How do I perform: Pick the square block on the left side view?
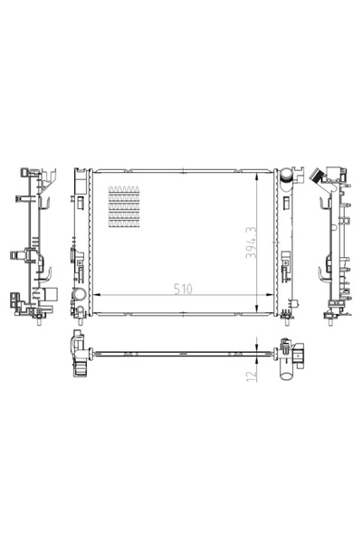click(52, 293)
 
